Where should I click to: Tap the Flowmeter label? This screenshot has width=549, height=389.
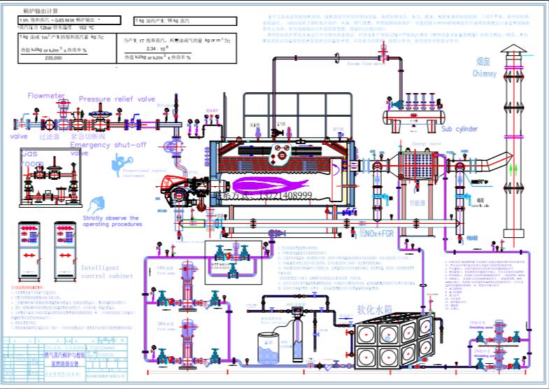coord(46,95)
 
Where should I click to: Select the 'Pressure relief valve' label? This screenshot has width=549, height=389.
coord(117,99)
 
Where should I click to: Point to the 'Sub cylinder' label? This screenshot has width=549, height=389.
coord(459,129)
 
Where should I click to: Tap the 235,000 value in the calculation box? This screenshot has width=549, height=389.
coord(53,58)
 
